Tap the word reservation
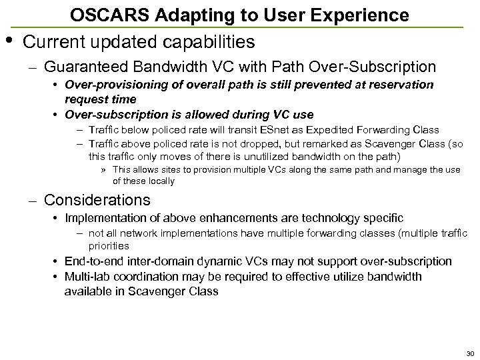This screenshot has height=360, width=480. click(x=399, y=85)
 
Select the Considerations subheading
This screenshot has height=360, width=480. click(x=97, y=199)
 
